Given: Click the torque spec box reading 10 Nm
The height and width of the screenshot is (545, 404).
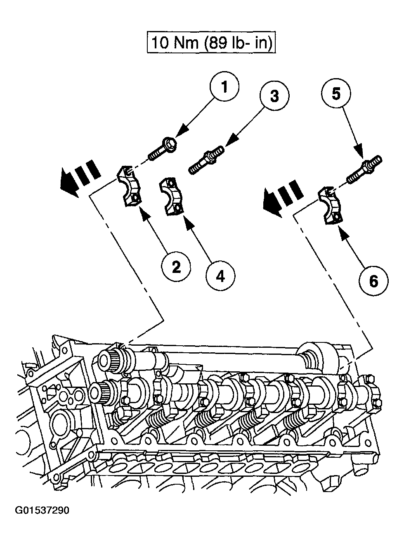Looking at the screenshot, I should [x=211, y=43].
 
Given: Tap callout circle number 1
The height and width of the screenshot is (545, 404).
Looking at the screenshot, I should [x=224, y=88].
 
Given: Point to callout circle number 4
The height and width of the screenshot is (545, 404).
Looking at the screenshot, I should [x=220, y=276].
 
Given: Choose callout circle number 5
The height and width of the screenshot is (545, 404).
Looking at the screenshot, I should [x=336, y=94].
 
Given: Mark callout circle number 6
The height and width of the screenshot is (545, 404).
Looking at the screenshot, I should [x=373, y=282].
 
